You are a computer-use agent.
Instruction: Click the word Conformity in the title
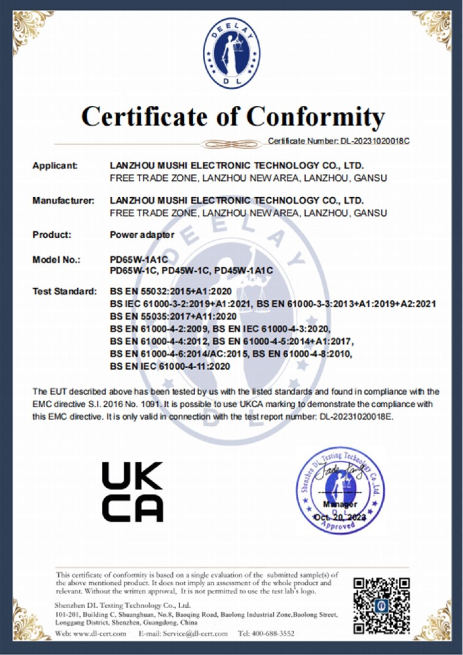point(316,117)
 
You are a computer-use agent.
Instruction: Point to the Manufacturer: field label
point(64,200)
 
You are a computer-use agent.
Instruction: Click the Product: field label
point(51,234)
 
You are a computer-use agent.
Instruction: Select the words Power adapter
point(142,234)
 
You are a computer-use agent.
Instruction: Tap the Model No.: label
point(56,260)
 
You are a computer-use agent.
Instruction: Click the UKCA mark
point(132,491)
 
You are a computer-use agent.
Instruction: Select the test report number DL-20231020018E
point(351,416)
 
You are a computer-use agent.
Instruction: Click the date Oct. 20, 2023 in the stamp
point(340,517)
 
